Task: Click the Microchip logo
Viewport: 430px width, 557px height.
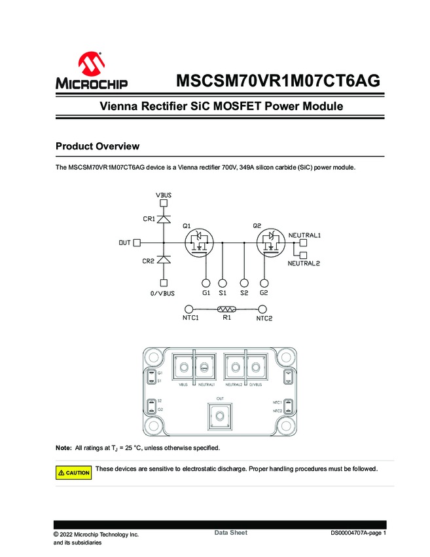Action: tap(92, 72)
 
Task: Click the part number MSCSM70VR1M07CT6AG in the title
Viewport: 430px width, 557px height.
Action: tap(278, 81)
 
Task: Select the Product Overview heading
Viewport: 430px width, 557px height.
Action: tap(98, 145)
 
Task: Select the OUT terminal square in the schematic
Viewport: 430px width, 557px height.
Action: tap(137, 242)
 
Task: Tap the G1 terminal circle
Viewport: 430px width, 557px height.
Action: tap(206, 283)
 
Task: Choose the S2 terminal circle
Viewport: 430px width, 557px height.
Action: tap(244, 283)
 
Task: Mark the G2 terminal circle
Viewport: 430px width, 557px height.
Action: tap(263, 283)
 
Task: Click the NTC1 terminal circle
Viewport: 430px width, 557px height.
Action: tap(189, 309)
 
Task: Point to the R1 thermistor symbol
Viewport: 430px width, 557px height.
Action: tap(226, 309)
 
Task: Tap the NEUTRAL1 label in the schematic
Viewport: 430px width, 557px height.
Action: tap(309, 234)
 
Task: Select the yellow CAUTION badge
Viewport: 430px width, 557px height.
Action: tap(74, 472)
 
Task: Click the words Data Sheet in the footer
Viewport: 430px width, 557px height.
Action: tap(231, 533)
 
